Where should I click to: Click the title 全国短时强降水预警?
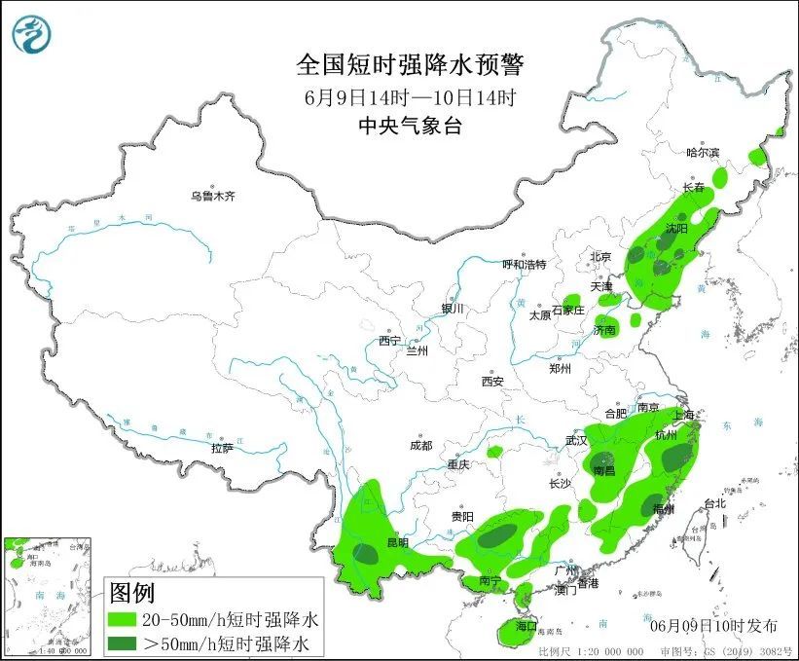[409, 65]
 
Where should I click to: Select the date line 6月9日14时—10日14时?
[409, 97]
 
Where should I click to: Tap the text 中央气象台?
[409, 125]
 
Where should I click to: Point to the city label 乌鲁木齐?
[213, 197]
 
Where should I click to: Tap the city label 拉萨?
[222, 448]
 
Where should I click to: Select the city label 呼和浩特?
[525, 264]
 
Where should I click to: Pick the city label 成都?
[420, 446]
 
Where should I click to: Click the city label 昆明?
[397, 542]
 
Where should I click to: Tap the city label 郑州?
[560, 368]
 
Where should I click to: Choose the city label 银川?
[454, 309]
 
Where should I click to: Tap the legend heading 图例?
[132, 593]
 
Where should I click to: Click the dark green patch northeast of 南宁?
[498, 534]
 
